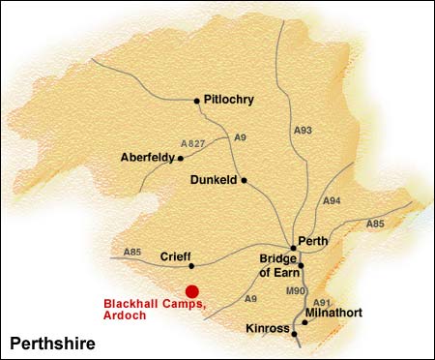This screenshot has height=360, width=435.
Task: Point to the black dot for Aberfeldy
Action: click(181, 157)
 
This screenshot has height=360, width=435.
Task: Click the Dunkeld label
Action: click(213, 180)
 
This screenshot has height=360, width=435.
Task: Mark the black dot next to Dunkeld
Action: click(245, 180)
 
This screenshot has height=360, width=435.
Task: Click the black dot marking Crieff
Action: click(191, 265)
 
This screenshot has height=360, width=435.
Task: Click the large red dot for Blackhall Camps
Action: click(192, 291)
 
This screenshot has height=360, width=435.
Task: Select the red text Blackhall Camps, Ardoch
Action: click(155, 310)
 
